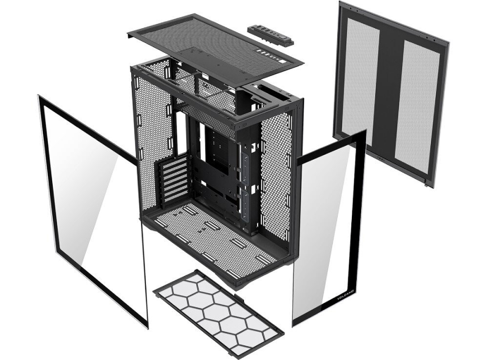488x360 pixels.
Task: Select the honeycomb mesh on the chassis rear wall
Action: click(x=151, y=127)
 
